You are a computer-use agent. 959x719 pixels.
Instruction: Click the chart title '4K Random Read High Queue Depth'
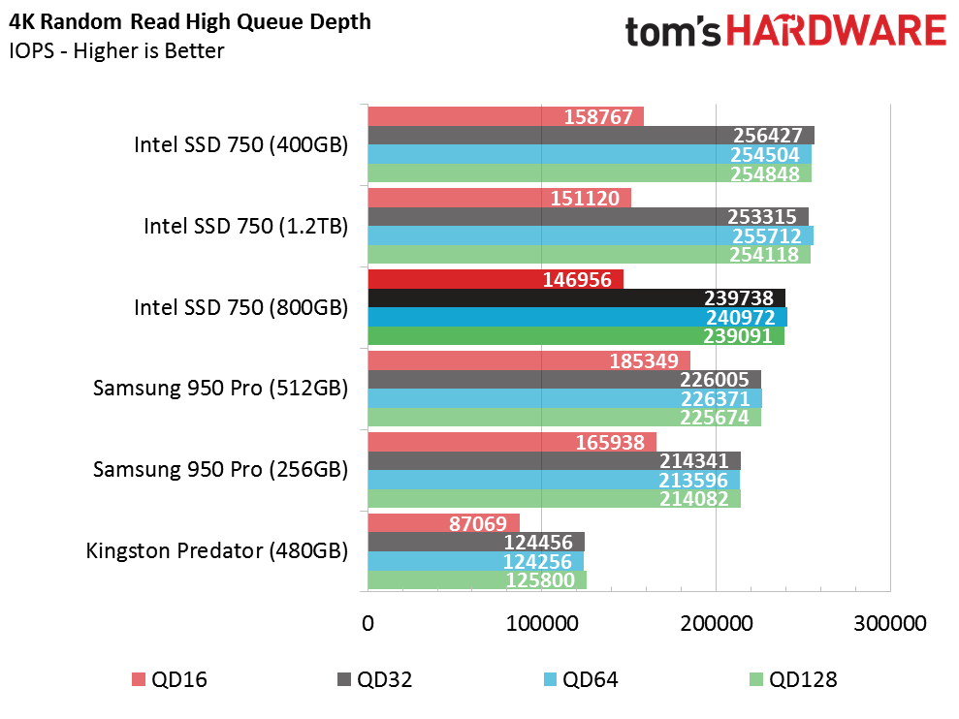click(190, 22)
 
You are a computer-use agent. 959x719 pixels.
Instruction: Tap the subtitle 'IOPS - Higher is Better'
click(116, 50)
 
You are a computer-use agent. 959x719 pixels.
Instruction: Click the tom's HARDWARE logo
click(785, 31)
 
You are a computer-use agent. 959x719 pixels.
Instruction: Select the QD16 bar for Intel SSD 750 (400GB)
click(506, 116)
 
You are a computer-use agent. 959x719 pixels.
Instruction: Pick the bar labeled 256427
click(591, 135)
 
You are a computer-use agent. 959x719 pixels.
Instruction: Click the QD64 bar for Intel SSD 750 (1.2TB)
click(591, 235)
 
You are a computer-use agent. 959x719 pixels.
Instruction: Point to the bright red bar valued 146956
click(496, 279)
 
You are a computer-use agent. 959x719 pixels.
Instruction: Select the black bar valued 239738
click(577, 297)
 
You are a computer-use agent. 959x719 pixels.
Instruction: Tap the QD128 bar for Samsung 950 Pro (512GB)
click(564, 417)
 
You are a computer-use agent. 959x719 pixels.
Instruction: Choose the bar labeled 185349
click(529, 360)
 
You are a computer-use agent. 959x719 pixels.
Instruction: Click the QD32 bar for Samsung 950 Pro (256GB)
click(555, 460)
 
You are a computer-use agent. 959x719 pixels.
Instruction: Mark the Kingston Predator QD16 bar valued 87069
click(444, 522)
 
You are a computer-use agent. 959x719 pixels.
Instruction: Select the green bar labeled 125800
click(478, 579)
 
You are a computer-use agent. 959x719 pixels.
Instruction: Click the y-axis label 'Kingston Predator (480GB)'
click(217, 550)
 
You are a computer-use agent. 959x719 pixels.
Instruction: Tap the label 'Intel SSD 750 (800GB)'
click(241, 307)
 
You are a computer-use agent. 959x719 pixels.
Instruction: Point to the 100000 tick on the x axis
click(542, 623)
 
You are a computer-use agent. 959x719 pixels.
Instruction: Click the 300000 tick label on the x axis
click(890, 623)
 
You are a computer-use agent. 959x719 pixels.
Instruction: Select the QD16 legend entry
click(170, 679)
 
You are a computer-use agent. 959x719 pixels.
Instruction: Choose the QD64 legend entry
click(581, 679)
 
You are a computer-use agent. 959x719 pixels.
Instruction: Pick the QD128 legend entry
click(793, 679)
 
